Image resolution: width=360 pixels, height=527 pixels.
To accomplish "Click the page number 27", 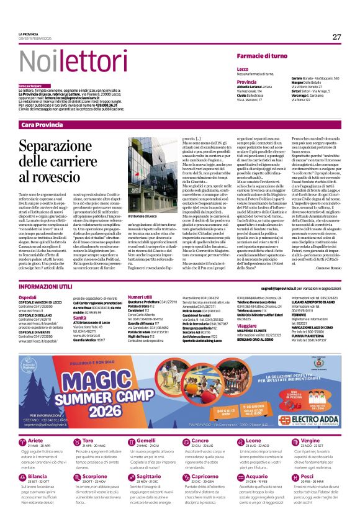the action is tap(336, 37).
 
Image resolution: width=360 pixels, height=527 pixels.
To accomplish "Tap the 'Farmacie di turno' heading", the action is tap(261, 56).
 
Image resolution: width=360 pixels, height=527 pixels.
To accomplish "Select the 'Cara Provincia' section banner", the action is tap(43, 125).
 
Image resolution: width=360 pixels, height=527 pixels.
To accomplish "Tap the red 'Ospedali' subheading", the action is tap(29, 298).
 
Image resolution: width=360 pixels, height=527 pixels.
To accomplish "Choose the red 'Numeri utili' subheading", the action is tap(139, 297).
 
